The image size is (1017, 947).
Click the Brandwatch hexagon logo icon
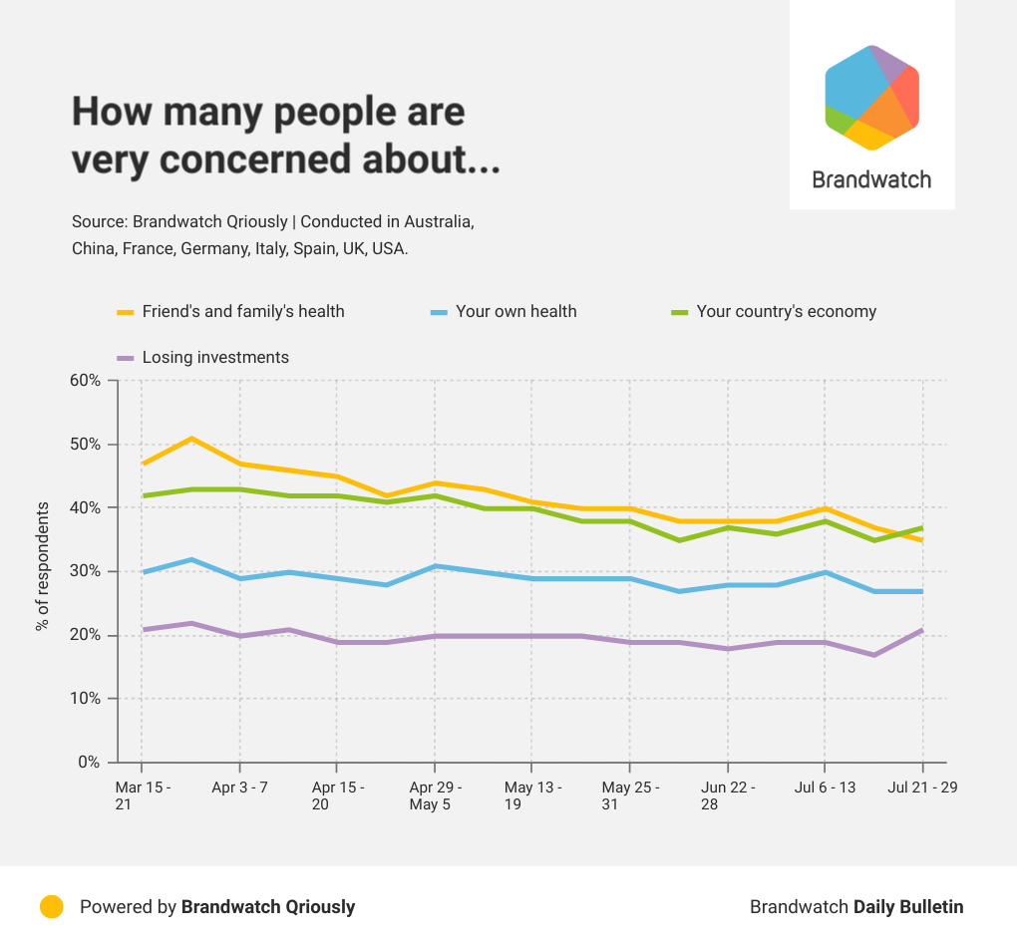click(871, 98)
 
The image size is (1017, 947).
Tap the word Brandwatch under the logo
click(871, 180)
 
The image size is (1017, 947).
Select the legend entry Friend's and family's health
click(242, 311)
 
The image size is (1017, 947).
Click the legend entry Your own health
click(515, 311)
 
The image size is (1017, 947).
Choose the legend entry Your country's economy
click(786, 311)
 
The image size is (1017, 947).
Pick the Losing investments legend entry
click(215, 357)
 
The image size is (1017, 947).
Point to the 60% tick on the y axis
click(84, 380)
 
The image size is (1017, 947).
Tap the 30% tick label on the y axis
click(84, 571)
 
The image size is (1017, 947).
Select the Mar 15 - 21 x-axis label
click(143, 795)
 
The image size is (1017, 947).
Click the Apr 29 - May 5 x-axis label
click(435, 795)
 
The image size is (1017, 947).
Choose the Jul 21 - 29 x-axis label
click(922, 788)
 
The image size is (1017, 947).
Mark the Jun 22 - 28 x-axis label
click(728, 795)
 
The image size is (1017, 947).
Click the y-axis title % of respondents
click(42, 566)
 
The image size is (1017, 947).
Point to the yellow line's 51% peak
click(191, 438)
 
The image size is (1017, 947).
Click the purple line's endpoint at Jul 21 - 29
click(922, 629)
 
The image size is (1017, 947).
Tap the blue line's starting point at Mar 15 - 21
click(143, 572)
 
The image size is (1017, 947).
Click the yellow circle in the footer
click(52, 906)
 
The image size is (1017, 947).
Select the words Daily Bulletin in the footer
click(908, 907)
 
